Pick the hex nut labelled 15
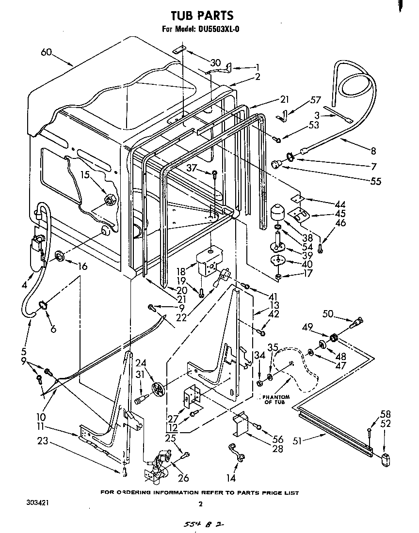(110, 198)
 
